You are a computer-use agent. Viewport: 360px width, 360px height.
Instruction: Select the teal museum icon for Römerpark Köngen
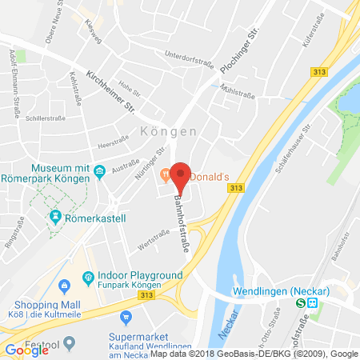pos(99,170)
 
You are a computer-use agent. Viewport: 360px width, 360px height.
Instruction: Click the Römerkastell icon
pos(56,215)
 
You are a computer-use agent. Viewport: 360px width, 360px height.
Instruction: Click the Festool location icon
pos(70,343)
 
